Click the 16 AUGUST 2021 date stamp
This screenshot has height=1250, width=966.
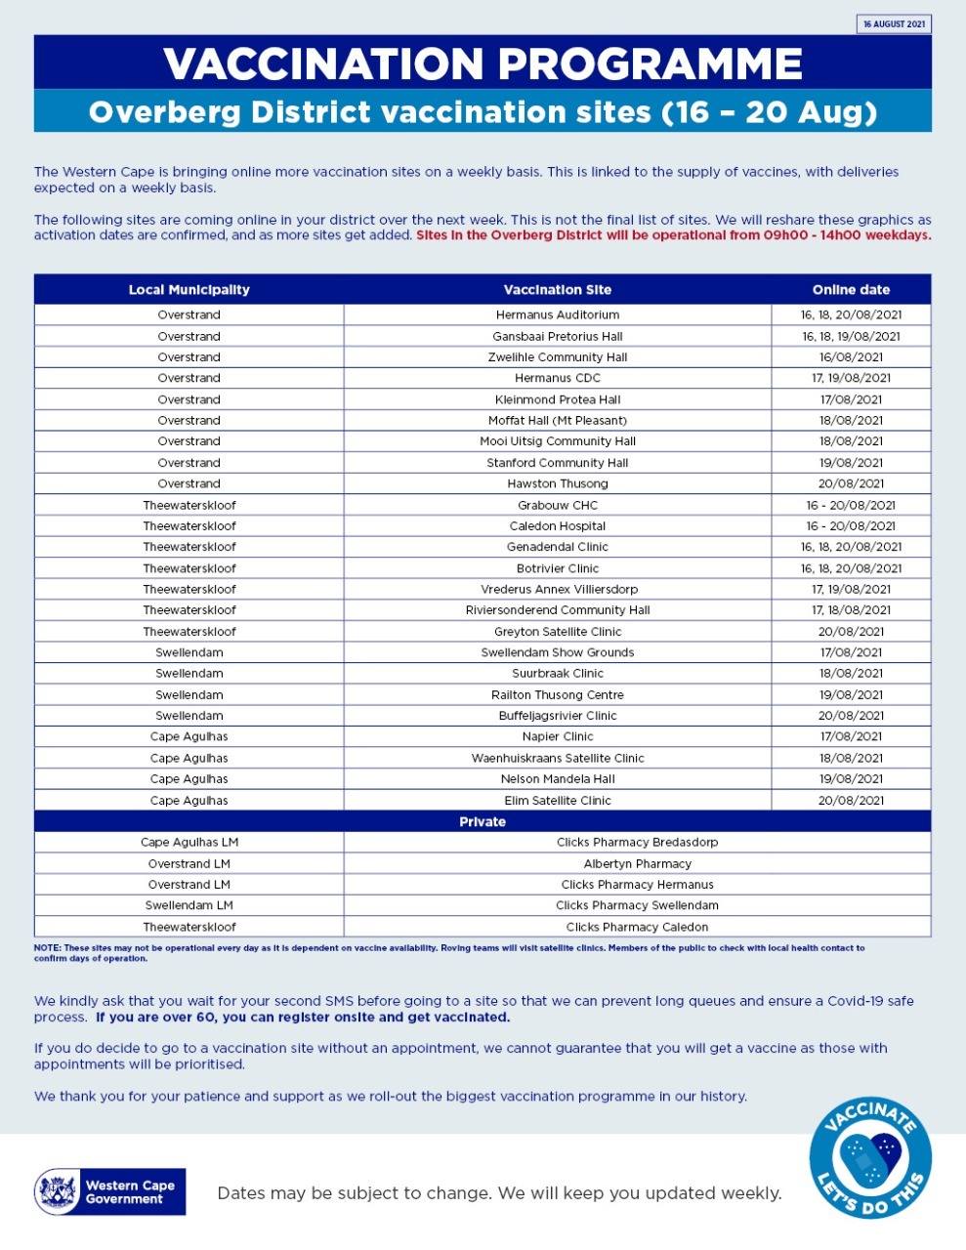894,24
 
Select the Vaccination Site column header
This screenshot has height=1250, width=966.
557,289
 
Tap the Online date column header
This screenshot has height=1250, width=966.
851,289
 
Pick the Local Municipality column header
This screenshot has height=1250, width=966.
189,289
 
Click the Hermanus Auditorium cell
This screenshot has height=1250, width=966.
557,314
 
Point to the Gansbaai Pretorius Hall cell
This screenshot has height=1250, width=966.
557,336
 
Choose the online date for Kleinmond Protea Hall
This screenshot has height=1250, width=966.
851,399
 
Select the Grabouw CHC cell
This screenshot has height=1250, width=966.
557,505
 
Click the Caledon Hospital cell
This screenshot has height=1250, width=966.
557,525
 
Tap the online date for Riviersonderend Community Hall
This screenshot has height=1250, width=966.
851,609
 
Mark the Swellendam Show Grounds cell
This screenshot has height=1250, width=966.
557,652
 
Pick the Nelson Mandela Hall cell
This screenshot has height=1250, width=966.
557,779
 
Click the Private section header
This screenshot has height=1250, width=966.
483,821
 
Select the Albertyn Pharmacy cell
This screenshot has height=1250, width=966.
637,863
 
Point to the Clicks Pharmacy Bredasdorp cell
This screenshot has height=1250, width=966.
637,842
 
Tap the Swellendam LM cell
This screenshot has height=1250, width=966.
189,905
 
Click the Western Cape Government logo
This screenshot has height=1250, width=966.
109,1191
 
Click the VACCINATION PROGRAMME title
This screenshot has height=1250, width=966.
483,63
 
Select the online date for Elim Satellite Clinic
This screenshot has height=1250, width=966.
851,800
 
